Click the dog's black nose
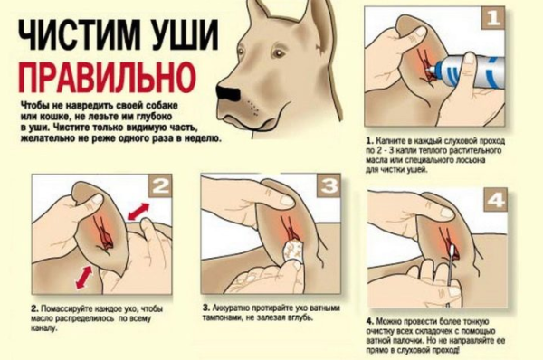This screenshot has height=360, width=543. pyautogui.click(x=227, y=91)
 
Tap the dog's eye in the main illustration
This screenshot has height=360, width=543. pyautogui.click(x=276, y=53)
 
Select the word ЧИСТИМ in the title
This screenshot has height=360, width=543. pyautogui.click(x=76, y=34)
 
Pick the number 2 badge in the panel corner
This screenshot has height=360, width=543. pyautogui.click(x=160, y=186)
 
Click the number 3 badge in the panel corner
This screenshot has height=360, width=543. pyautogui.click(x=329, y=186)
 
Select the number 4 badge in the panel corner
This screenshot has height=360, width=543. pyautogui.click(x=496, y=200)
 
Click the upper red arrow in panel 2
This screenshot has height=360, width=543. pyautogui.click(x=138, y=212)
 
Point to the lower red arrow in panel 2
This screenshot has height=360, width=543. pyautogui.click(x=84, y=277)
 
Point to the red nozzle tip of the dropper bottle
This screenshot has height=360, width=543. pyautogui.click(x=430, y=71)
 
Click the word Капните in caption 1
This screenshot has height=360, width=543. pyautogui.click(x=388, y=141)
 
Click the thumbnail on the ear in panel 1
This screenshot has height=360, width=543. pyautogui.click(x=420, y=32)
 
